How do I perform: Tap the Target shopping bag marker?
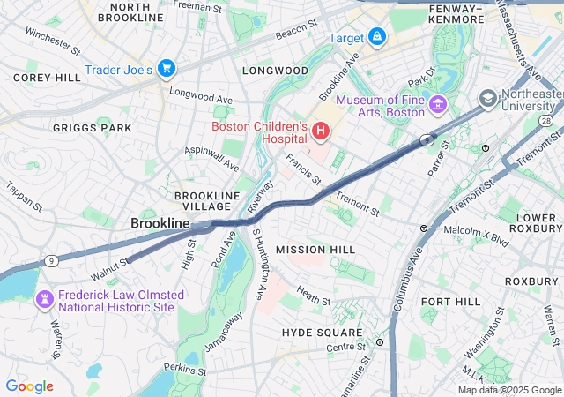click(x=377, y=37)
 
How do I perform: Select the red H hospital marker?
click(x=321, y=133)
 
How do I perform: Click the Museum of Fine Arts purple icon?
click(x=438, y=107)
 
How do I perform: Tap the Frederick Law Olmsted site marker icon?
click(x=42, y=301)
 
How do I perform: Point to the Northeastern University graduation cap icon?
click(x=487, y=97)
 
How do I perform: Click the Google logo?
click(x=29, y=386)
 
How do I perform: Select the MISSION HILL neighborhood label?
click(x=315, y=251)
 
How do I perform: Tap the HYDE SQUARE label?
click(x=322, y=333)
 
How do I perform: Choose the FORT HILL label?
click(x=450, y=302)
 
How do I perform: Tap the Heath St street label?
click(x=313, y=296)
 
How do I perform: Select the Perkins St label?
click(x=184, y=369)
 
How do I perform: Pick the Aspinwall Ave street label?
click(x=212, y=159)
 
